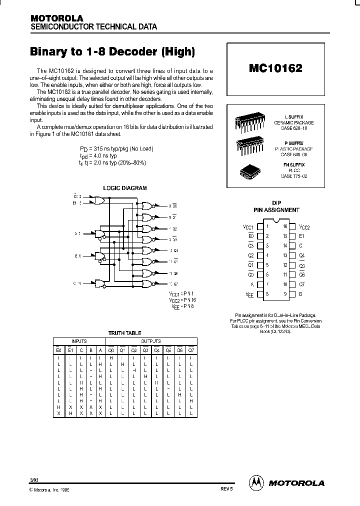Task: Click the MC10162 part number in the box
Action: click(x=275, y=68)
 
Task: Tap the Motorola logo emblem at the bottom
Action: click(x=256, y=482)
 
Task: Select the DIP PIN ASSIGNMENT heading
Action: click(x=278, y=207)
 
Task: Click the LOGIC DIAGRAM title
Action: click(x=125, y=188)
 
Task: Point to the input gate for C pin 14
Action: click(x=99, y=284)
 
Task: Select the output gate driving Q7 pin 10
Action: click(x=148, y=284)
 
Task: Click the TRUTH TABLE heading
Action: click(x=125, y=332)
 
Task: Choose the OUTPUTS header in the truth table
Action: click(x=150, y=340)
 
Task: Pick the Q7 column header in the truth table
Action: click(x=190, y=350)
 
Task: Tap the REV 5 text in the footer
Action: click(x=226, y=490)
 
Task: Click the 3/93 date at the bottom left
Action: click(x=34, y=480)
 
